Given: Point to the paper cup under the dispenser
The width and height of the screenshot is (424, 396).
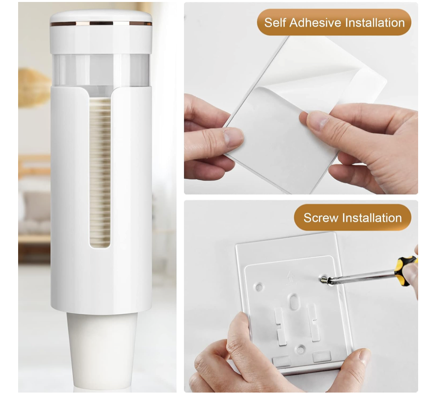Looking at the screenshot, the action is [x=102, y=350].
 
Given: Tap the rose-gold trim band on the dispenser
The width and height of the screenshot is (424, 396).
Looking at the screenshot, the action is [x=101, y=24].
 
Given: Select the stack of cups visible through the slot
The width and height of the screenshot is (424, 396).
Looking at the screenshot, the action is [x=100, y=172].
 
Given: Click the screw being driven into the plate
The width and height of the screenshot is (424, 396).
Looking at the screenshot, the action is [x=324, y=280].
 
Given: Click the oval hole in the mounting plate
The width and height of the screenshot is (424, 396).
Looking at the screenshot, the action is [x=293, y=301].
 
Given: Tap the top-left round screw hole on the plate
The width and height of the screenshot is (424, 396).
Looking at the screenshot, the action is [x=259, y=287].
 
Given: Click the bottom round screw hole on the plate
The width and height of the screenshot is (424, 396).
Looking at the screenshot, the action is [x=300, y=349].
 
